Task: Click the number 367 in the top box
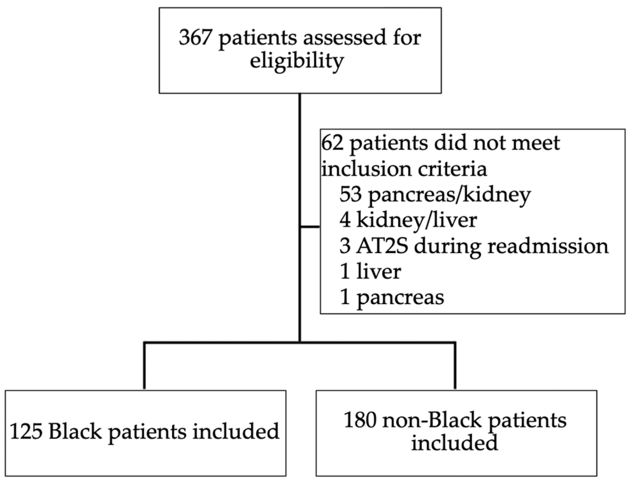pos(194,37)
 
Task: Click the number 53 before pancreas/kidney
pos(350,195)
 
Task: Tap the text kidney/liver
pos(416,221)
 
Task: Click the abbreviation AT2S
pos(382,246)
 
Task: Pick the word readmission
pos(548,246)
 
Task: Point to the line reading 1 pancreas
pos(392,297)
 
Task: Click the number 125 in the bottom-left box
pos(26,431)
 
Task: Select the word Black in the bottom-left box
pos(75,431)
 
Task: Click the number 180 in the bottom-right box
pos(360,420)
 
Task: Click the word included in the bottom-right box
pos(454,443)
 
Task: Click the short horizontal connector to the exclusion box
pos(310,226)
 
